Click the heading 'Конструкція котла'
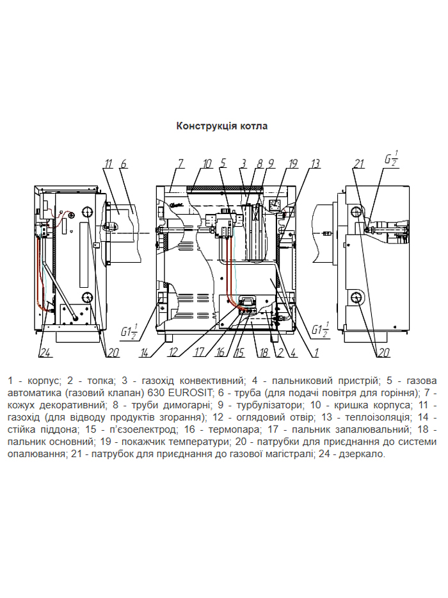point(222,126)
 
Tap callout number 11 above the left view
point(109,163)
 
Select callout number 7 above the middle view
point(181,163)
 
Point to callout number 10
point(207,163)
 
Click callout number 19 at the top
point(293,163)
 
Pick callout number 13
point(315,163)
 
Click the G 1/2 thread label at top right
point(391,158)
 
